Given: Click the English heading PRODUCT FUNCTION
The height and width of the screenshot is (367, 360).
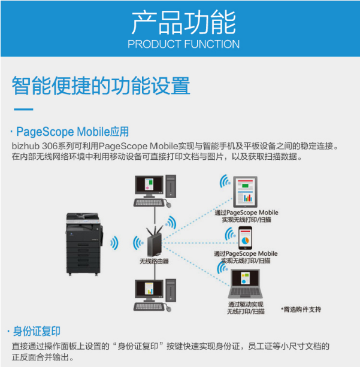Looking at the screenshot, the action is [184, 44].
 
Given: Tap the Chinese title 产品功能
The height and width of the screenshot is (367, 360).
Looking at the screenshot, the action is [184, 23].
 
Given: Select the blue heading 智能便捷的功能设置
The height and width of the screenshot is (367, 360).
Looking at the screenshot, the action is [101, 86].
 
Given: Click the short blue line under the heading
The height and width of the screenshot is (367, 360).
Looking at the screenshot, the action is [23, 110].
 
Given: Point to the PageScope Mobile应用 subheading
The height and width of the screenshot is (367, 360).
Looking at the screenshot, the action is [72, 132].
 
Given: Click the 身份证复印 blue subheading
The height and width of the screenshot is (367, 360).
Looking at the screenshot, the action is [37, 331].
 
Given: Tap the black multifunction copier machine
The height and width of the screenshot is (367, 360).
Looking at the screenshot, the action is [84, 244].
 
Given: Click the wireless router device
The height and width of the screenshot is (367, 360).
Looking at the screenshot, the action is [154, 241].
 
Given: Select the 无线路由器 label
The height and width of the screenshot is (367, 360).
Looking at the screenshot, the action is [154, 261].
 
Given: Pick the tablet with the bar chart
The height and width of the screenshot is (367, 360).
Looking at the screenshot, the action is [245, 192].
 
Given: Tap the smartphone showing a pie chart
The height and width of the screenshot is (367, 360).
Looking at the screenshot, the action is [245, 238].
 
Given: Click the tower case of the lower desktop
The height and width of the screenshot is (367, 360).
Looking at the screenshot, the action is [171, 290].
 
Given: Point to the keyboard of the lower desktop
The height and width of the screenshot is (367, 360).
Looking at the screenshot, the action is [149, 307].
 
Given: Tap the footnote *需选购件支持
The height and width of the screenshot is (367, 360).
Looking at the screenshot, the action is [301, 310].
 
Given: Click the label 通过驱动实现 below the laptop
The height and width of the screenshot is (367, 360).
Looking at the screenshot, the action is [246, 304].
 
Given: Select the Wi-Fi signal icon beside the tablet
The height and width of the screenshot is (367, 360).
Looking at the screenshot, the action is [225, 181].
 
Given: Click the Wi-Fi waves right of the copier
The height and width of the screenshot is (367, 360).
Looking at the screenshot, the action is [114, 243].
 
